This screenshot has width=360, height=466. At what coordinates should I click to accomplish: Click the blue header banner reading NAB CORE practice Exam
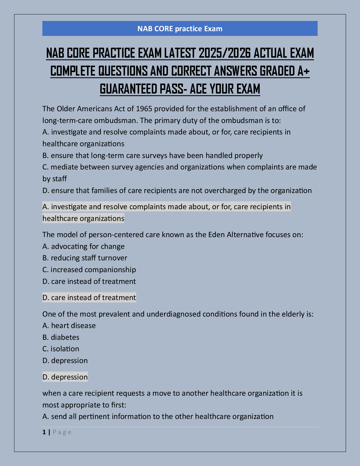[180, 29]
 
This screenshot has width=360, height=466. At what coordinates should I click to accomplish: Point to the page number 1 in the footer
[44, 432]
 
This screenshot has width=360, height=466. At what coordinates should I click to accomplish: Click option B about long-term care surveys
[152, 155]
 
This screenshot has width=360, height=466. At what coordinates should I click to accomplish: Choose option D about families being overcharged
[177, 191]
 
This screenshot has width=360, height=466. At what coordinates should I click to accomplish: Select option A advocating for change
[83, 246]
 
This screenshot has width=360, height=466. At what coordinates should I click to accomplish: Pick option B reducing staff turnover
[85, 258]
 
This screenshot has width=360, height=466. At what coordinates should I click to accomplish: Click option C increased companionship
[89, 270]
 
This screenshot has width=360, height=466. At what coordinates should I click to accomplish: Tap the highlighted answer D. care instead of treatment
[89, 298]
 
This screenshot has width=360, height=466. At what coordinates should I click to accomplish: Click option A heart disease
[69, 326]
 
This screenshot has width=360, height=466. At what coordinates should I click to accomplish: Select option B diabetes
[61, 337]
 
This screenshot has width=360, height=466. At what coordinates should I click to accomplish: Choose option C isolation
[61, 349]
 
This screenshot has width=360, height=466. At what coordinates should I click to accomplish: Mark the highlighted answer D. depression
[65, 377]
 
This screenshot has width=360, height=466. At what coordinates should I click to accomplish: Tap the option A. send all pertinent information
[158, 417]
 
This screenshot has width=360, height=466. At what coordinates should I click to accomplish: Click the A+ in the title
[303, 71]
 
